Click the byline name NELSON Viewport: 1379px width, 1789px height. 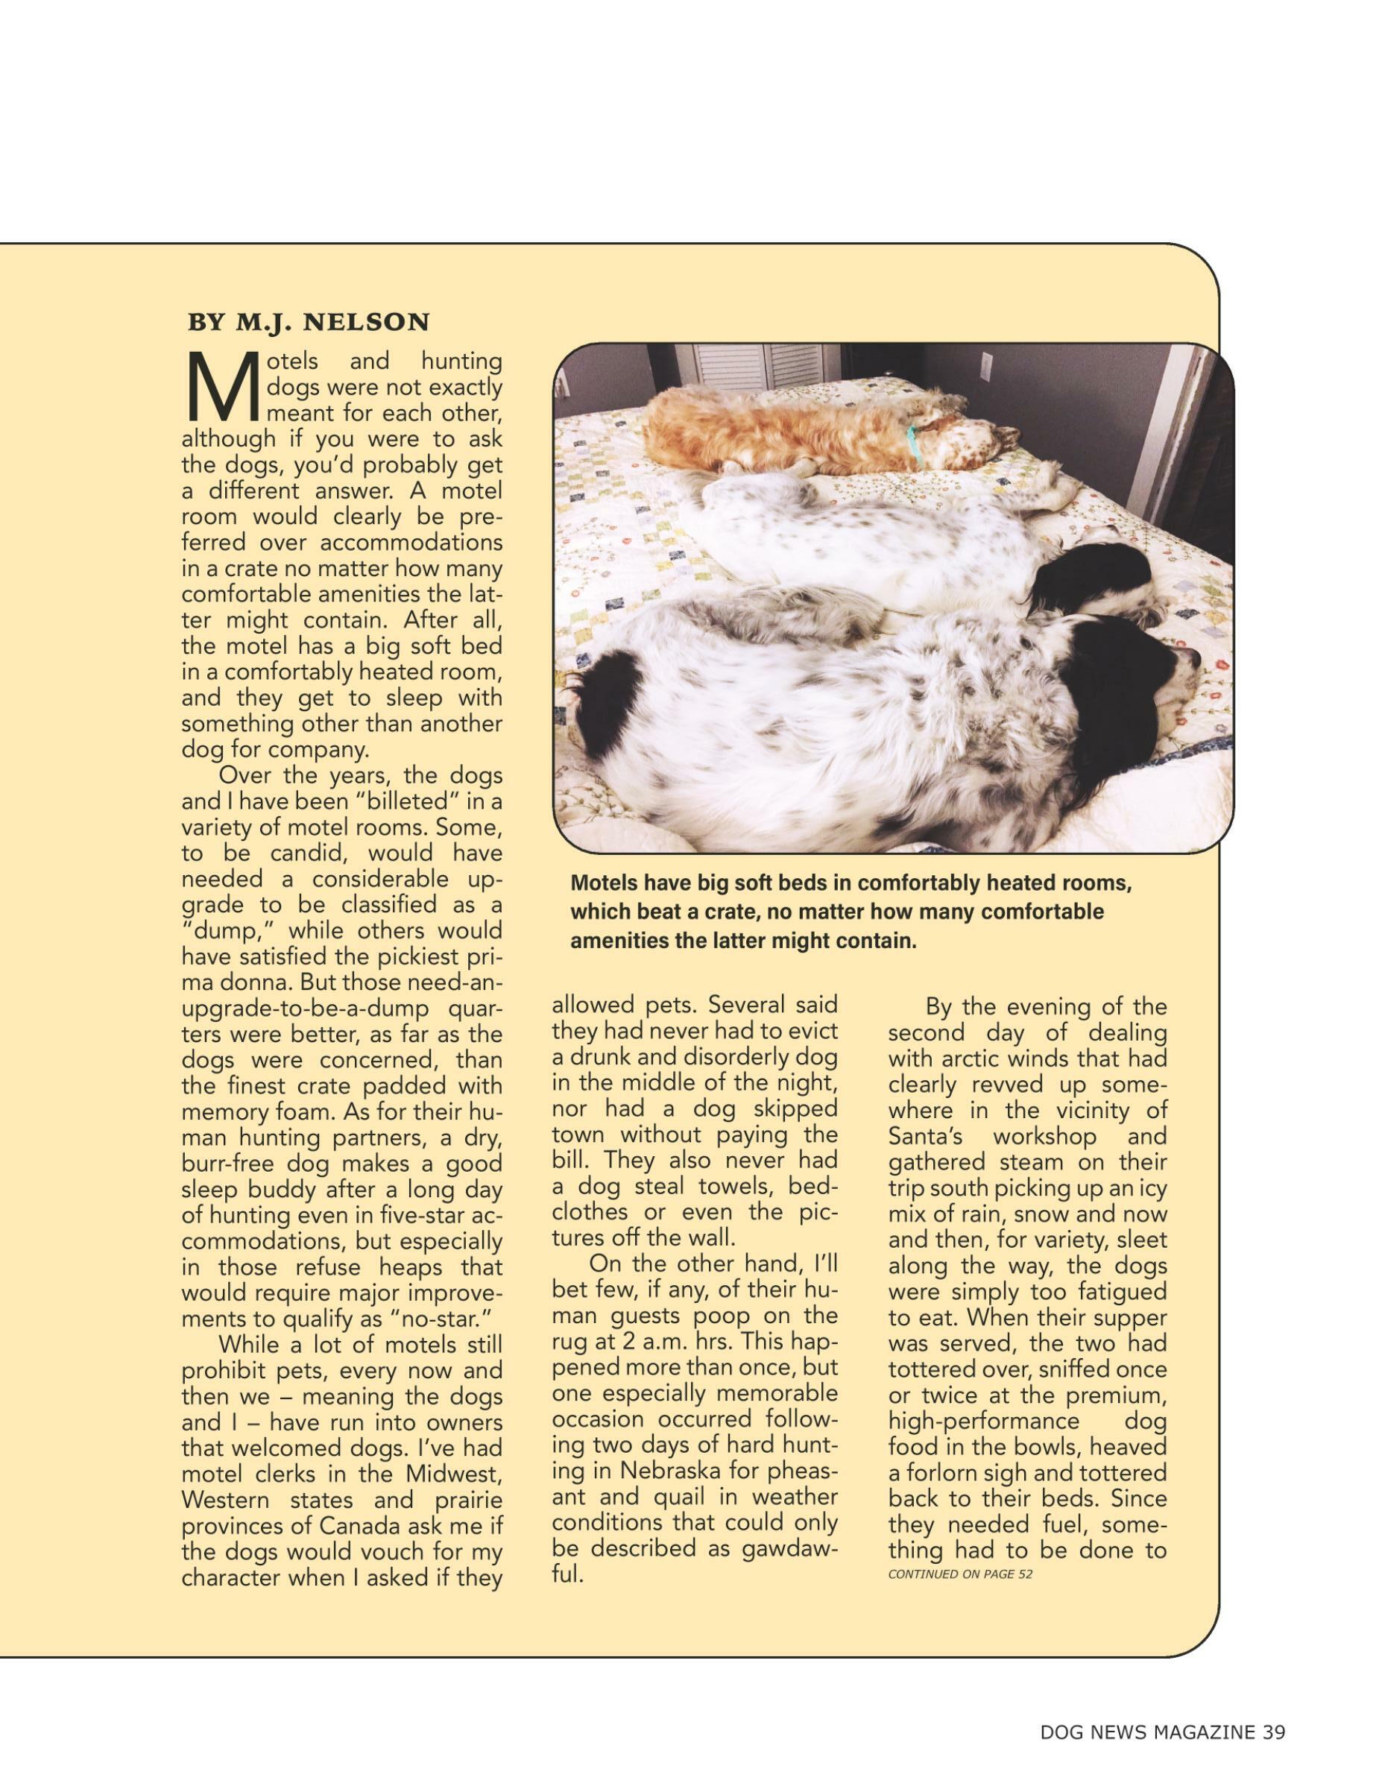[367, 323]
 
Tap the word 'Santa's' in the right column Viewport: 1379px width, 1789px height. [925, 1137]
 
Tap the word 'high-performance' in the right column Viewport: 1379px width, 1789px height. [983, 1420]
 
